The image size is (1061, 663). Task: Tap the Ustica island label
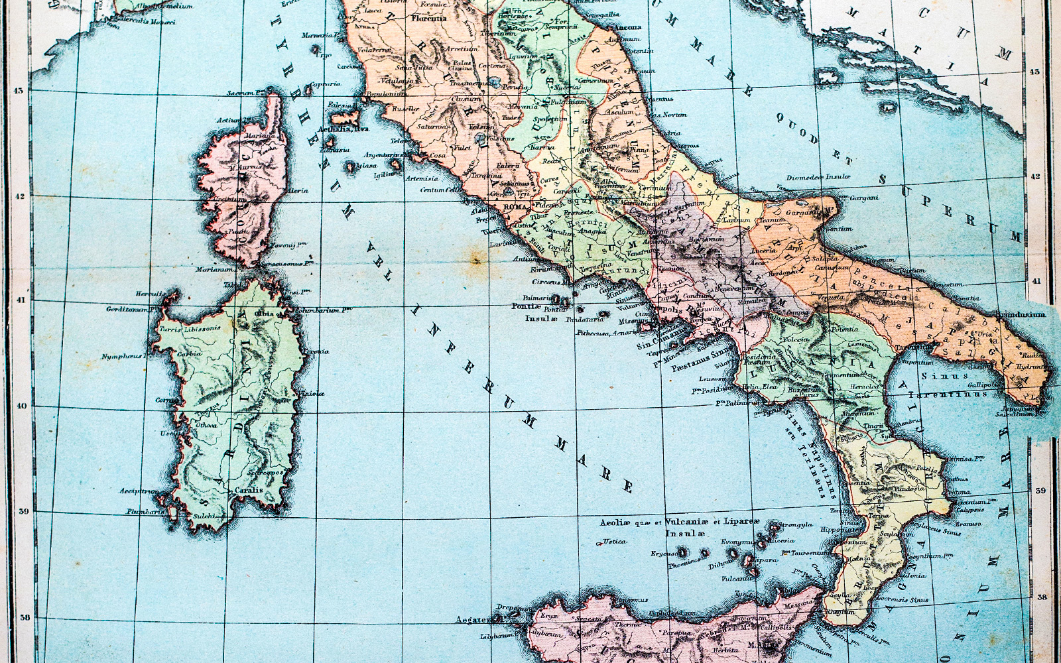pos(614,542)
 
